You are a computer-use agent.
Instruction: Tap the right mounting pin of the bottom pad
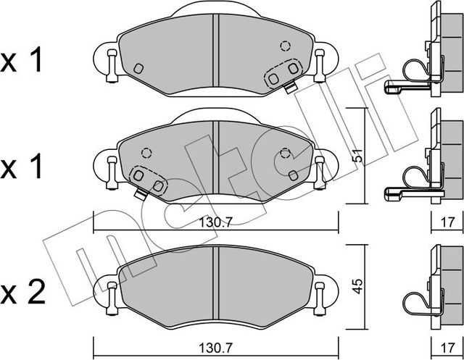coord(319,296)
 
